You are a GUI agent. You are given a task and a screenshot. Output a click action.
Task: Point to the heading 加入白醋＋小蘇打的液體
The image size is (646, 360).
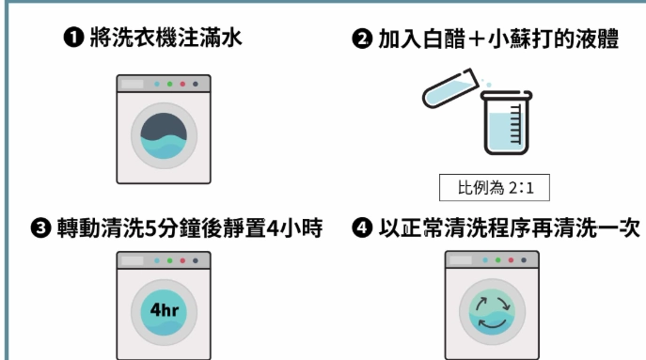click(x=498, y=39)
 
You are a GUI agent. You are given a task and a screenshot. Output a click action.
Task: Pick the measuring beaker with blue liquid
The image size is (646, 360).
click(x=505, y=123)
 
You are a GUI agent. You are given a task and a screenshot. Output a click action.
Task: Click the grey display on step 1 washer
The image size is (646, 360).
click(x=132, y=84)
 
